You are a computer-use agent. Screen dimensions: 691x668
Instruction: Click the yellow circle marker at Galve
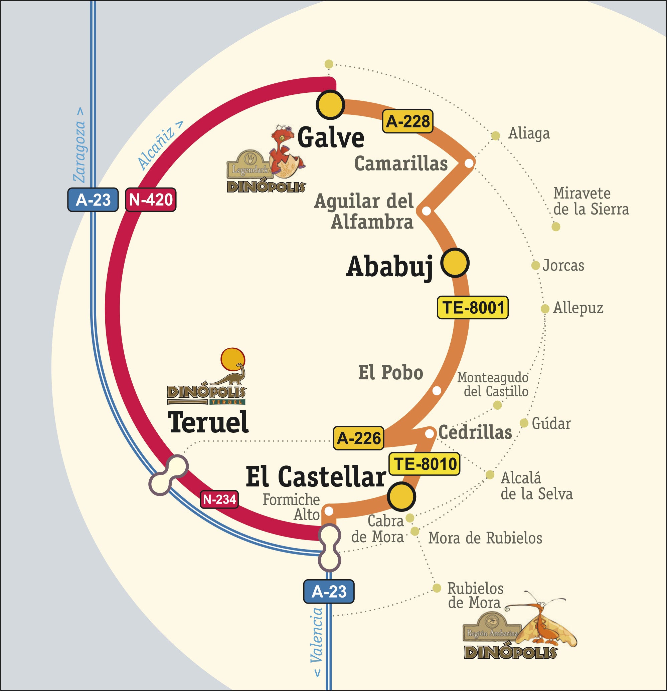[x=330, y=105]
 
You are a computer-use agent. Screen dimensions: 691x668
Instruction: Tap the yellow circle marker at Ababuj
[x=455, y=263]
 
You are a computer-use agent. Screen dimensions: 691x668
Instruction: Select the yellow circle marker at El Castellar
[x=401, y=496]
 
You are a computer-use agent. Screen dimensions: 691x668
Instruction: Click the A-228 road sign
[x=407, y=121]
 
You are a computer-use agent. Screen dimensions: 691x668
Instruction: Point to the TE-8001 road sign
[x=473, y=307]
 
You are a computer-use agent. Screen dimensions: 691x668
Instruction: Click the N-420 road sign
[x=151, y=200]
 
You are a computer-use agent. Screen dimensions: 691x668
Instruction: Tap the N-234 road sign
[x=219, y=499]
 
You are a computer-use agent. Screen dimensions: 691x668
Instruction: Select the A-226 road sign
[x=358, y=438]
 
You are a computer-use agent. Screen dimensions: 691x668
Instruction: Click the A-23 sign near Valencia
[x=329, y=592]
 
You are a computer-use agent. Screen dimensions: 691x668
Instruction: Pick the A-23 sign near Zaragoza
[x=93, y=200]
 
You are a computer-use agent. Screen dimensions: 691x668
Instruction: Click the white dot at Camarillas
[x=469, y=163]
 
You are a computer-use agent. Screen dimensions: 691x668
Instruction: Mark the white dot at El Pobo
[x=437, y=391]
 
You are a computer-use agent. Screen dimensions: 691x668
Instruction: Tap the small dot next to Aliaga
[x=495, y=136]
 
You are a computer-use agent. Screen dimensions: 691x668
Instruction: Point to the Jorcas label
[x=563, y=266]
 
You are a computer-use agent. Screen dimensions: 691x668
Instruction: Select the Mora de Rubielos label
[x=485, y=538]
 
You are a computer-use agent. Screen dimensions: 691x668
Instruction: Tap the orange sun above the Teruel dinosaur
[x=232, y=359]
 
